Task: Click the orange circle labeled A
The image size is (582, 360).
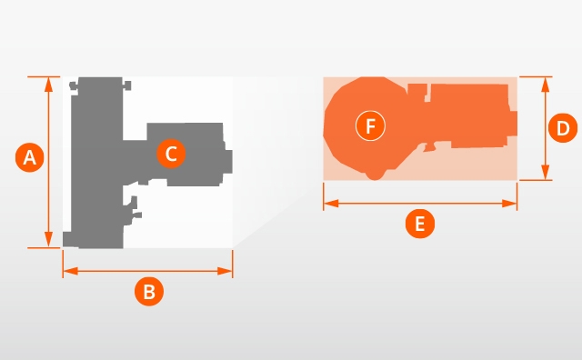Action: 30,157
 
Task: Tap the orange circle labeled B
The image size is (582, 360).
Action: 149,291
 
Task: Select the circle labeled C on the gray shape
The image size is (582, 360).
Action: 171,154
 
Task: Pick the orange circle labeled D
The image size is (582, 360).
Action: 563,128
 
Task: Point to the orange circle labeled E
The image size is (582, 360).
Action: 420,224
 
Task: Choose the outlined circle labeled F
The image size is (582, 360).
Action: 370,125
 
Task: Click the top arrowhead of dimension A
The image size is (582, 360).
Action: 48,85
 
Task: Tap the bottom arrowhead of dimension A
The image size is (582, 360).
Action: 48,239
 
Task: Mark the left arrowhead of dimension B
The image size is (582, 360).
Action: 71,271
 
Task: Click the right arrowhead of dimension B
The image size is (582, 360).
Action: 225,271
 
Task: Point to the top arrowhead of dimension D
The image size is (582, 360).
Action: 546,85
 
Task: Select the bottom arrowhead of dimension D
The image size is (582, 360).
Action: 546,173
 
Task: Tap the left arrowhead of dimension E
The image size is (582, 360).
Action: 331,204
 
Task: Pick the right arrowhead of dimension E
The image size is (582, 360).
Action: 509,204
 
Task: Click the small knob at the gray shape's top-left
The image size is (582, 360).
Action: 74,86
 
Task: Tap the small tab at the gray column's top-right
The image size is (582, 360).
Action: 127,85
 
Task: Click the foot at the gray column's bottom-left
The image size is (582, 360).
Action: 71,239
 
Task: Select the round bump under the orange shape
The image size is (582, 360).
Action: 375,175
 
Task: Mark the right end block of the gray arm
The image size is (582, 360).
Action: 227,162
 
